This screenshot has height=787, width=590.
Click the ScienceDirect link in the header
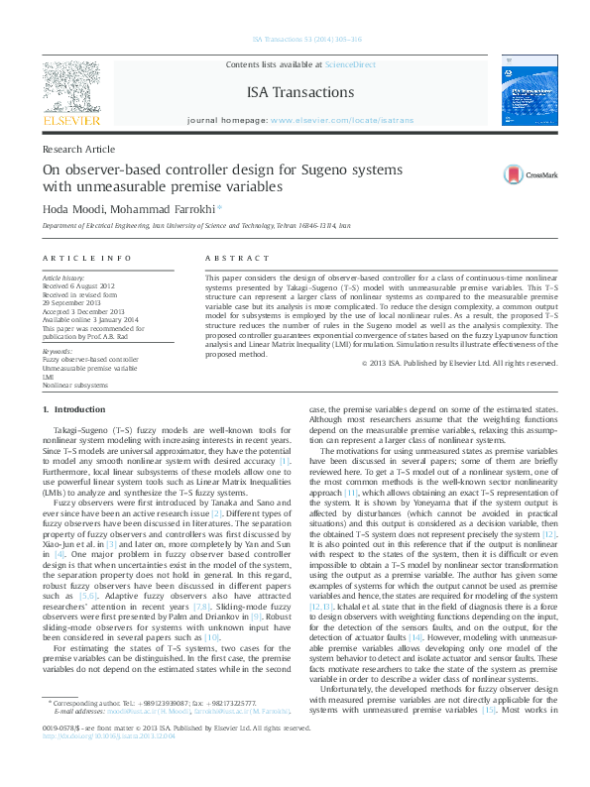point(350,64)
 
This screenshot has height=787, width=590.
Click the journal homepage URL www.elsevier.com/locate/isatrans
point(336,120)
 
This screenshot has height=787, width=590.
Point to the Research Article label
point(79,149)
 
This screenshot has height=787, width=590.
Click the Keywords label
point(57,350)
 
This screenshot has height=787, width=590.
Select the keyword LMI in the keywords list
point(48,376)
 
